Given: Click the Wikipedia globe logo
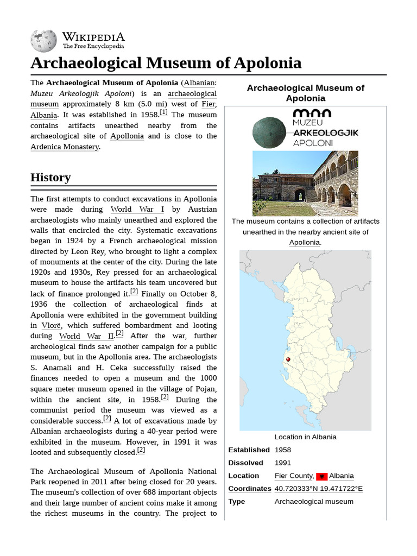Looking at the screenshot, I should point(43,40).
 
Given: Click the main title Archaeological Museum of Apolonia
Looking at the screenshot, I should point(166,63).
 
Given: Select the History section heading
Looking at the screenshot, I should point(50,178).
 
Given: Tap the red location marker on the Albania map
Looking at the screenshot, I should point(288,359).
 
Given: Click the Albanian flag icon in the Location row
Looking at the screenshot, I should point(321,476).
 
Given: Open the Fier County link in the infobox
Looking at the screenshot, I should point(294,476).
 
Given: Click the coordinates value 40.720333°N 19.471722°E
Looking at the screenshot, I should point(318,489).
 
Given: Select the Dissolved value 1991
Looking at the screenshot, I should point(283,463).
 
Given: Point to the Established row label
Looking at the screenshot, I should point(249,450).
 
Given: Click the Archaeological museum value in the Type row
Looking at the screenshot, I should point(314,501).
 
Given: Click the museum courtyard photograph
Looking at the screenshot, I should point(305,183).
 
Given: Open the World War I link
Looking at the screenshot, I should point(137,210).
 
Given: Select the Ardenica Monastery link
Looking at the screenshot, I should point(65,147).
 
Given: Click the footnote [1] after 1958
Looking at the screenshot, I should point(163,113).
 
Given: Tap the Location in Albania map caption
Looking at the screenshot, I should point(305,437).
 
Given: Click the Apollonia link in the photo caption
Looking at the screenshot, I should point(304,242).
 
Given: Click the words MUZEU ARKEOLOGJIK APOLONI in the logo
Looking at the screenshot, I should point(325,132).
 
